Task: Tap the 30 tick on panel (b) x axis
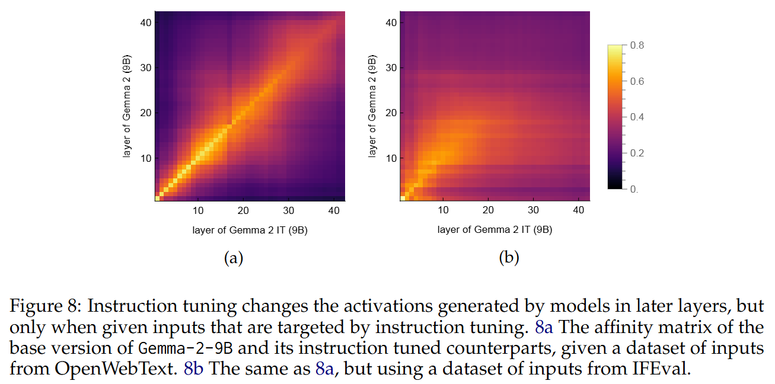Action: point(533,210)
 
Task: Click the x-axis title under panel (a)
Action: point(250,229)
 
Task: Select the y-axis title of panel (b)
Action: point(372,107)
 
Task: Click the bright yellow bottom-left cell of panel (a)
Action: point(157,199)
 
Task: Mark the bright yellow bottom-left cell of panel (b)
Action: point(403,199)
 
